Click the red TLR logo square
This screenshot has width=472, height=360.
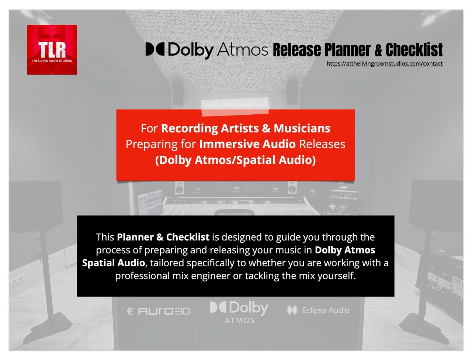(52, 50)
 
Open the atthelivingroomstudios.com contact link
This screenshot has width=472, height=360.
(384, 63)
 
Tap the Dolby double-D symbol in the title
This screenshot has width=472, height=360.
(155, 49)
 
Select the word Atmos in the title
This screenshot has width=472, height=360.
(242, 49)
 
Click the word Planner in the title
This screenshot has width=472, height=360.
(347, 49)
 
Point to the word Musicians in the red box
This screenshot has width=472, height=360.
(302, 128)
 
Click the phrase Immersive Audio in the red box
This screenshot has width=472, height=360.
(247, 144)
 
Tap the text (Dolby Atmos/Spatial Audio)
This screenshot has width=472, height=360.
(235, 160)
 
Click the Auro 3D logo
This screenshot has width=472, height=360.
(159, 311)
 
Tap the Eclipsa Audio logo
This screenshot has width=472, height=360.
(318, 310)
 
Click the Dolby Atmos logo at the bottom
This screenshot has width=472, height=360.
(239, 312)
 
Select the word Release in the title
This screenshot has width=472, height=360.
(296, 49)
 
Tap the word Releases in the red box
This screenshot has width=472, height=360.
(322, 144)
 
